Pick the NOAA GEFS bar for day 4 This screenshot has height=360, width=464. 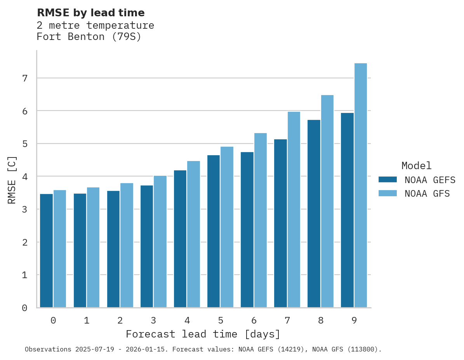coord(180,239)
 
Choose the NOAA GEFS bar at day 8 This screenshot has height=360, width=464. coord(314,214)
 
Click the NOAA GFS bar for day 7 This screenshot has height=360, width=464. coord(294,209)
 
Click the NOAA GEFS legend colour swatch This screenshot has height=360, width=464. coord(388,180)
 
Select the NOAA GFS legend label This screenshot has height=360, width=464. coord(427,194)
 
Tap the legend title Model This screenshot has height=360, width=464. coord(416,166)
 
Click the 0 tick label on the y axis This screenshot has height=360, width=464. coord(24,308)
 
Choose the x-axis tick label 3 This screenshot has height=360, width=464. coord(153,321)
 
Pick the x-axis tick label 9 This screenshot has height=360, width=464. coord(354,321)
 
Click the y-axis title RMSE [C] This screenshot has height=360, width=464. coord(12,180)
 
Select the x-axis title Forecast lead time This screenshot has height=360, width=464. coord(203,334)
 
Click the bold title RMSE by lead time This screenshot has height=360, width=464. coord(90,13)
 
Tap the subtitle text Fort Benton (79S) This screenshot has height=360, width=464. coord(89,37)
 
